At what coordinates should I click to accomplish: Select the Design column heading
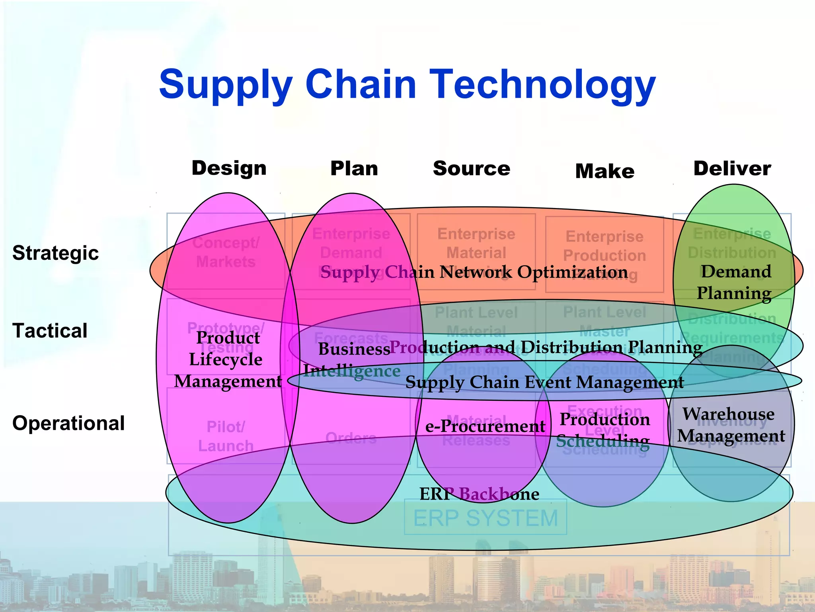tap(229, 168)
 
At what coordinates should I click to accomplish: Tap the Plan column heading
tap(354, 169)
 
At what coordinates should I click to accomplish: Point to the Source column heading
tap(471, 169)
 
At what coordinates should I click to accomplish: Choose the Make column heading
tap(604, 171)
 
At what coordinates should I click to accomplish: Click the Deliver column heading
tap(732, 169)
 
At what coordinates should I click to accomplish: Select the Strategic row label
tap(55, 253)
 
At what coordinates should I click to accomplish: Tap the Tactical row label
tap(50, 331)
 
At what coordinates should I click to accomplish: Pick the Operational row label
tap(68, 423)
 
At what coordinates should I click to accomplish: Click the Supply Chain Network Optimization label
tap(474, 273)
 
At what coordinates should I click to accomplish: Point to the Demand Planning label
tap(735, 282)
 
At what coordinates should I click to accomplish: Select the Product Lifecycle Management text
tap(227, 359)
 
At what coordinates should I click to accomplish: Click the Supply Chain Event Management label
tap(544, 382)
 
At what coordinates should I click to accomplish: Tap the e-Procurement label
tap(485, 427)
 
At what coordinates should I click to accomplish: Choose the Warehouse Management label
tap(731, 425)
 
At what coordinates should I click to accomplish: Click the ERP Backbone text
tap(479, 494)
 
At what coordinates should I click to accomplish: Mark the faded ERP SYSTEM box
tap(485, 518)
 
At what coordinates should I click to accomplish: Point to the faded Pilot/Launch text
tap(226, 436)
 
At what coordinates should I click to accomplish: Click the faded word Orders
tap(351, 438)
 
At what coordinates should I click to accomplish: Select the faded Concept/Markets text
tap(226, 252)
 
